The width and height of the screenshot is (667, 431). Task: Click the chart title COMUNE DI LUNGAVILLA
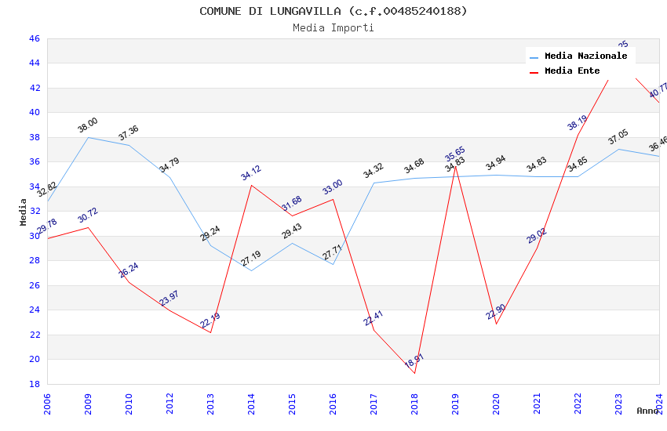pos(333,11)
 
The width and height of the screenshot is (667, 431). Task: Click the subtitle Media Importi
pos(333,28)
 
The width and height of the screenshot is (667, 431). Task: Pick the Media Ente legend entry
pos(572,71)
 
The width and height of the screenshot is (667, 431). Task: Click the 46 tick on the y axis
pos(34,38)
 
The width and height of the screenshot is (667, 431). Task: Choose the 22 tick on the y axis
pos(34,335)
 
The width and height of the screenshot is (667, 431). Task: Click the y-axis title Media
pos(24,212)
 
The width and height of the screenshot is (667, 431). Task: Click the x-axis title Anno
pos(647,411)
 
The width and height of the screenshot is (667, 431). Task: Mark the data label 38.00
pos(87,125)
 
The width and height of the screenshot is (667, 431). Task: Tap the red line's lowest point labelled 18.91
pos(414,373)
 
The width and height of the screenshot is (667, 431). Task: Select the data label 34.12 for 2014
pos(251,173)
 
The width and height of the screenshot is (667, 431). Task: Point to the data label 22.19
pos(210,321)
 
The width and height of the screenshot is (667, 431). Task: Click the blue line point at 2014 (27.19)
pos(251,270)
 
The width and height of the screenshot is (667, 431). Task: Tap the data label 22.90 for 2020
pos(496,313)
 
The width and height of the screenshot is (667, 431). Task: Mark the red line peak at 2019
pos(455,166)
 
